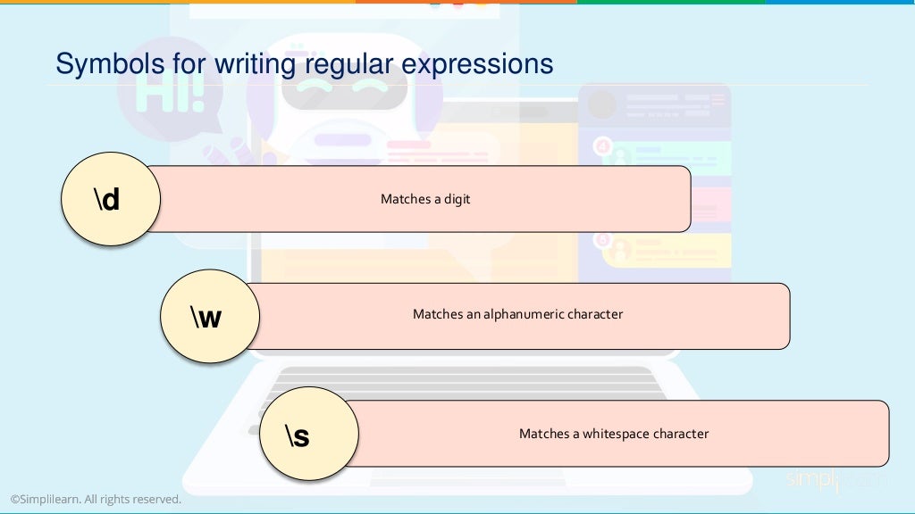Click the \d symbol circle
click(110, 199)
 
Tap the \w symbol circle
click(209, 316)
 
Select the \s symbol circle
click(308, 435)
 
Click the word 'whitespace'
click(616, 434)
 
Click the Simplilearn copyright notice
click(96, 500)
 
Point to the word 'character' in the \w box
click(596, 314)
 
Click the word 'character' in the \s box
click(681, 434)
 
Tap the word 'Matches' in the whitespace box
click(543, 434)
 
